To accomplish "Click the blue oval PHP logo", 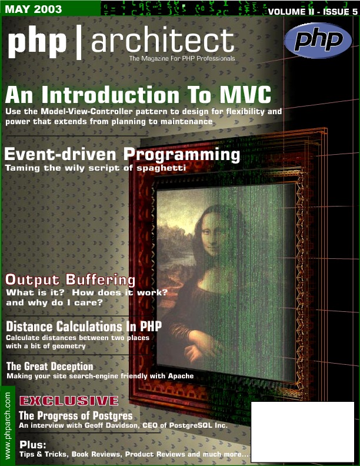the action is [x=318, y=41].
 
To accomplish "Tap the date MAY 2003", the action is [x=34, y=9].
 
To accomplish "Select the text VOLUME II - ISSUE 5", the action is [x=312, y=12].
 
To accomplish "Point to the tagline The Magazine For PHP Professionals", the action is [x=182, y=59].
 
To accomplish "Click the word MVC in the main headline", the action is [x=245, y=95].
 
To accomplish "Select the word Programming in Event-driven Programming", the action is [x=182, y=155].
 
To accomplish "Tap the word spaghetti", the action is [x=161, y=168].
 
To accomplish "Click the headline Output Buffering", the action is [x=70, y=280].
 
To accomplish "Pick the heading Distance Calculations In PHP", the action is [x=84, y=327].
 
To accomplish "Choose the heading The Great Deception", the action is [x=50, y=366].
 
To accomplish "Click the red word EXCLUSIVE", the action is [x=69, y=401].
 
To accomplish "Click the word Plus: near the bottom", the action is [x=33, y=445].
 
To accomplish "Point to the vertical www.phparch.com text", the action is [x=8, y=425].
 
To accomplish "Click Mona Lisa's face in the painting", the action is [x=212, y=232].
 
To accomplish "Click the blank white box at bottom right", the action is [x=303, y=431].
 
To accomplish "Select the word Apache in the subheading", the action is [x=181, y=376].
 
